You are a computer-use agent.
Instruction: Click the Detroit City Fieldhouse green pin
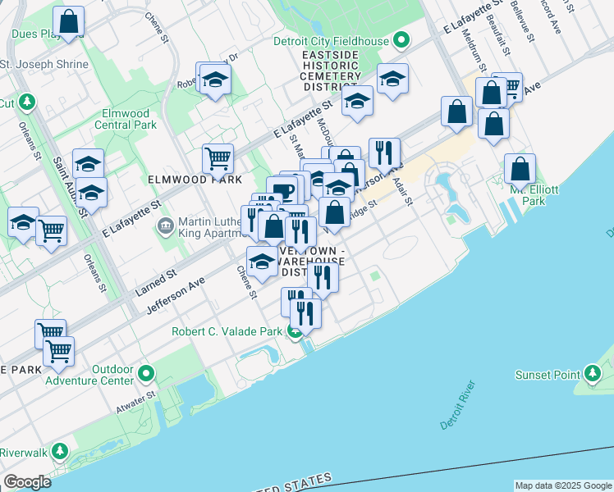tap(401, 39)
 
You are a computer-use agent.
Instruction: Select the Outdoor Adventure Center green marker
tap(147, 375)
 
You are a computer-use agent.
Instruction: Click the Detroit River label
tap(458, 405)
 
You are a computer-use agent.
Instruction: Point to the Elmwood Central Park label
tap(126, 119)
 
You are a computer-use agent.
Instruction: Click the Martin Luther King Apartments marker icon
tap(165, 224)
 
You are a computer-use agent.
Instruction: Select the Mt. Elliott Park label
tap(534, 195)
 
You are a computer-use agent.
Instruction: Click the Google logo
tap(27, 482)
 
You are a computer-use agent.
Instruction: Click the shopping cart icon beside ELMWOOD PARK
tap(218, 157)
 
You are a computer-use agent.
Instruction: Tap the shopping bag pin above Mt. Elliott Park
tap(520, 168)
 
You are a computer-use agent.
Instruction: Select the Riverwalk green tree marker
tap(59, 452)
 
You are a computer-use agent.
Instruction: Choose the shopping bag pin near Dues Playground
tap(70, 20)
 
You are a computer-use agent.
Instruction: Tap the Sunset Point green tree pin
tap(593, 375)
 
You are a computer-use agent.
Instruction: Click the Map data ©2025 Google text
tap(563, 485)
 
